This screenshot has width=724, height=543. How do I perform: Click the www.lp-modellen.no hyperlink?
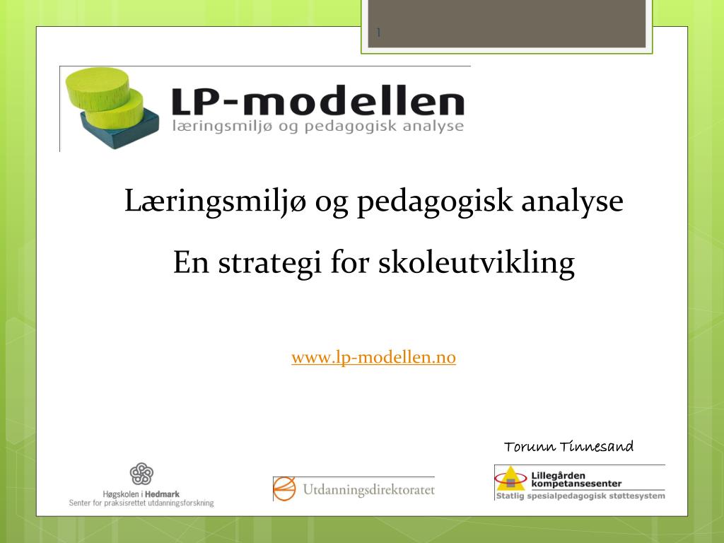[373, 358]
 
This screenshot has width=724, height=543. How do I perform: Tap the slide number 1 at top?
[379, 33]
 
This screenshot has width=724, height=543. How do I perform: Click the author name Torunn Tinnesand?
[568, 446]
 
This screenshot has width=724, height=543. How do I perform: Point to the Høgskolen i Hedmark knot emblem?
[141, 474]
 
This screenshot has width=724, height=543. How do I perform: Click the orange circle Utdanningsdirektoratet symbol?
[284, 489]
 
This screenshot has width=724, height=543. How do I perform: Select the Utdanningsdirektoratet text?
[368, 489]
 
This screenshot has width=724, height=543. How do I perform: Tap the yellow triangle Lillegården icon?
[510, 479]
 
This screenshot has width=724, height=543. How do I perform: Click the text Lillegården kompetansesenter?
[576, 479]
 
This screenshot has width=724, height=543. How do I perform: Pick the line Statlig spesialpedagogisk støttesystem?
[580, 496]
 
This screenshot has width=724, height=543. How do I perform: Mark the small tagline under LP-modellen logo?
[317, 127]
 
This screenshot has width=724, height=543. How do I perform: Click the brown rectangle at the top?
[506, 23]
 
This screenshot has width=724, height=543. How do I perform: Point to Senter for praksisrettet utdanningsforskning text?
[141, 503]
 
